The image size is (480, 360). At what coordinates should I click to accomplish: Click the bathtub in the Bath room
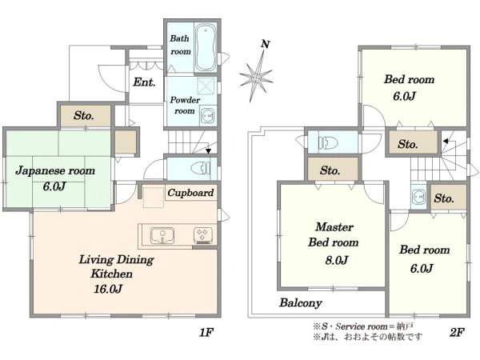(206, 47)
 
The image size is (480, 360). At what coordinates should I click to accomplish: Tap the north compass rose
(257, 75)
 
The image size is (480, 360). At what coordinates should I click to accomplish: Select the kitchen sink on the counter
(162, 236)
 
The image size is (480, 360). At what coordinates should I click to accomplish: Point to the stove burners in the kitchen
(203, 235)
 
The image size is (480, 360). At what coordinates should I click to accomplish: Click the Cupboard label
(190, 193)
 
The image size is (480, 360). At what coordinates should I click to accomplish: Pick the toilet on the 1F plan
(201, 168)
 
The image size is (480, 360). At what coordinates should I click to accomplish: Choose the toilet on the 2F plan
(328, 142)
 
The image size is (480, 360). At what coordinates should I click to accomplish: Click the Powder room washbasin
(207, 115)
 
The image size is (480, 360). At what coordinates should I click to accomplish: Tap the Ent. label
(144, 82)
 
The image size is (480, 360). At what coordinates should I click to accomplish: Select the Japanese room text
(55, 170)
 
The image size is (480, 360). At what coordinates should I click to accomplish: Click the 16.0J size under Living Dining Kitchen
(108, 289)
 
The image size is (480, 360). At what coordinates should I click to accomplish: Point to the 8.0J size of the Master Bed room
(336, 260)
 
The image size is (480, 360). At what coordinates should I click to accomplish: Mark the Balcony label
(300, 302)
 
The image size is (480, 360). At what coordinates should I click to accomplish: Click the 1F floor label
(206, 332)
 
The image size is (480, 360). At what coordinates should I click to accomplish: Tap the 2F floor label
(457, 332)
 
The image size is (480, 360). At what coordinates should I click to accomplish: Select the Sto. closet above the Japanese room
(86, 116)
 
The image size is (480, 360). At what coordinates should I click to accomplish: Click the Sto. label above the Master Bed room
(330, 170)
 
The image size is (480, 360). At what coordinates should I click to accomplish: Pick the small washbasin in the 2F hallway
(418, 195)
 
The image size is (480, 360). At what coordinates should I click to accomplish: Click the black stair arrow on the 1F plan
(209, 151)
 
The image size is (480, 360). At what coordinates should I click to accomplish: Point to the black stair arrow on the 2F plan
(446, 141)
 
